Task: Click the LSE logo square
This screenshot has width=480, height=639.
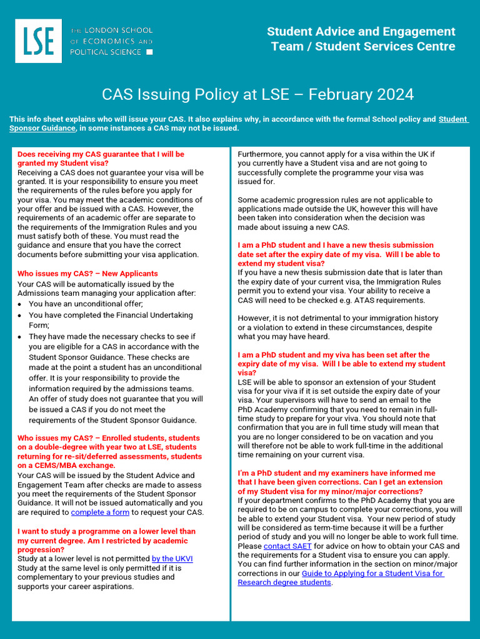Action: point(38,41)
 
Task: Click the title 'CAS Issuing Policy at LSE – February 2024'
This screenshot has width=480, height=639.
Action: point(257,94)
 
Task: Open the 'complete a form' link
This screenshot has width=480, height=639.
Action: point(100,512)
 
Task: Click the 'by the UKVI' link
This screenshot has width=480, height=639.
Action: point(172,559)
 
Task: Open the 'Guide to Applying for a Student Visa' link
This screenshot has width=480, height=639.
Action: point(372,573)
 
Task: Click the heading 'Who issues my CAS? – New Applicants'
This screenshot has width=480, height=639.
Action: point(87,273)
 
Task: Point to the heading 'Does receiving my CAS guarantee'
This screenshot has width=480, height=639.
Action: point(101,154)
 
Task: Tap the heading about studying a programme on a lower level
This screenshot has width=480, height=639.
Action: point(106,540)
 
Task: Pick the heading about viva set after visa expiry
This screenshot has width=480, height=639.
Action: point(341,364)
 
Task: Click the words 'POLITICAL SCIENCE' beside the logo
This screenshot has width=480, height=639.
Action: point(106,52)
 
